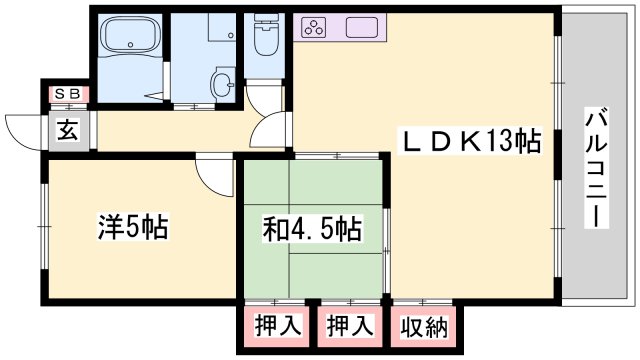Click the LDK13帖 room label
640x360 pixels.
[x=471, y=141]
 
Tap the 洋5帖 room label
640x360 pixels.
[x=133, y=227]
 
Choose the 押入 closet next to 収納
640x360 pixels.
[x=351, y=326]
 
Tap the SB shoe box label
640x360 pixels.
[x=68, y=94]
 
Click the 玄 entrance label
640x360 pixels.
[x=67, y=129]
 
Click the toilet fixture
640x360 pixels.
[x=266, y=38]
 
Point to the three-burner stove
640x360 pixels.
[x=313, y=28]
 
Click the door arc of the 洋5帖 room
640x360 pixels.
[x=212, y=176]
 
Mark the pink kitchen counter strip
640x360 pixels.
[x=340, y=27]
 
